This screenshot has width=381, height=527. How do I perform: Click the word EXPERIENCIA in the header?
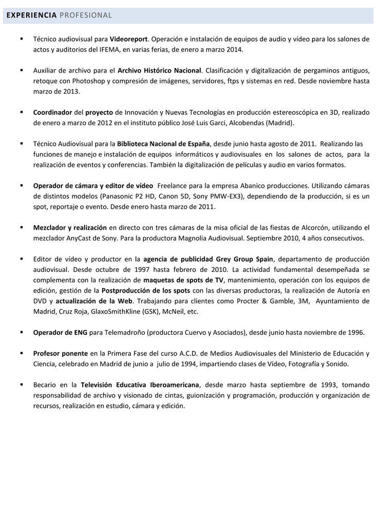pos(31,15)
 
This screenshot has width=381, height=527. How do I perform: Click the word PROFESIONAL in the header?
pos(86,15)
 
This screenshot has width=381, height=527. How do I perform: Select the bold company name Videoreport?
pos(129,39)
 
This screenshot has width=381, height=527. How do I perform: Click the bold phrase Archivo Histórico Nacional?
pos(160,70)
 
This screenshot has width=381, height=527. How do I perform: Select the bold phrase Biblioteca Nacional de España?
pos(163,143)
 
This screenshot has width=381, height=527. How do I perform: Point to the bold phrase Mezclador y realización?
pos(70,227)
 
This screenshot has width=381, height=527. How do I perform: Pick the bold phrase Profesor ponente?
pos(60,353)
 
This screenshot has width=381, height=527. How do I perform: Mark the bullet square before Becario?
pos(22,384)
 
